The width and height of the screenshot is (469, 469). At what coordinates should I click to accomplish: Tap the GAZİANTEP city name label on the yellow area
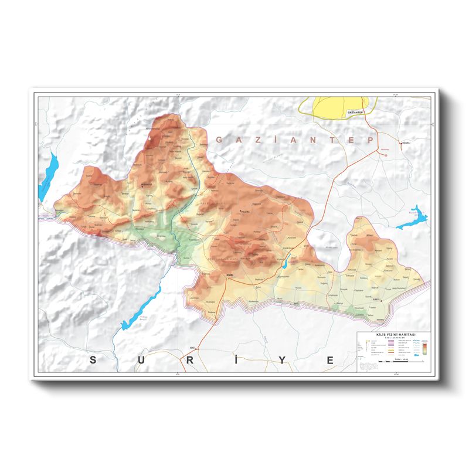pos(356,111)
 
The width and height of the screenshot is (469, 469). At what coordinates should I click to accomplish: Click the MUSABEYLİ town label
pos(145,185)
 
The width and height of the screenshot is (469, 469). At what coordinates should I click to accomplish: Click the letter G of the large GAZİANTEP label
pos(219,140)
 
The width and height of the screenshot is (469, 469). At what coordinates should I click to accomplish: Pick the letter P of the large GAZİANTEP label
pos(370,140)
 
